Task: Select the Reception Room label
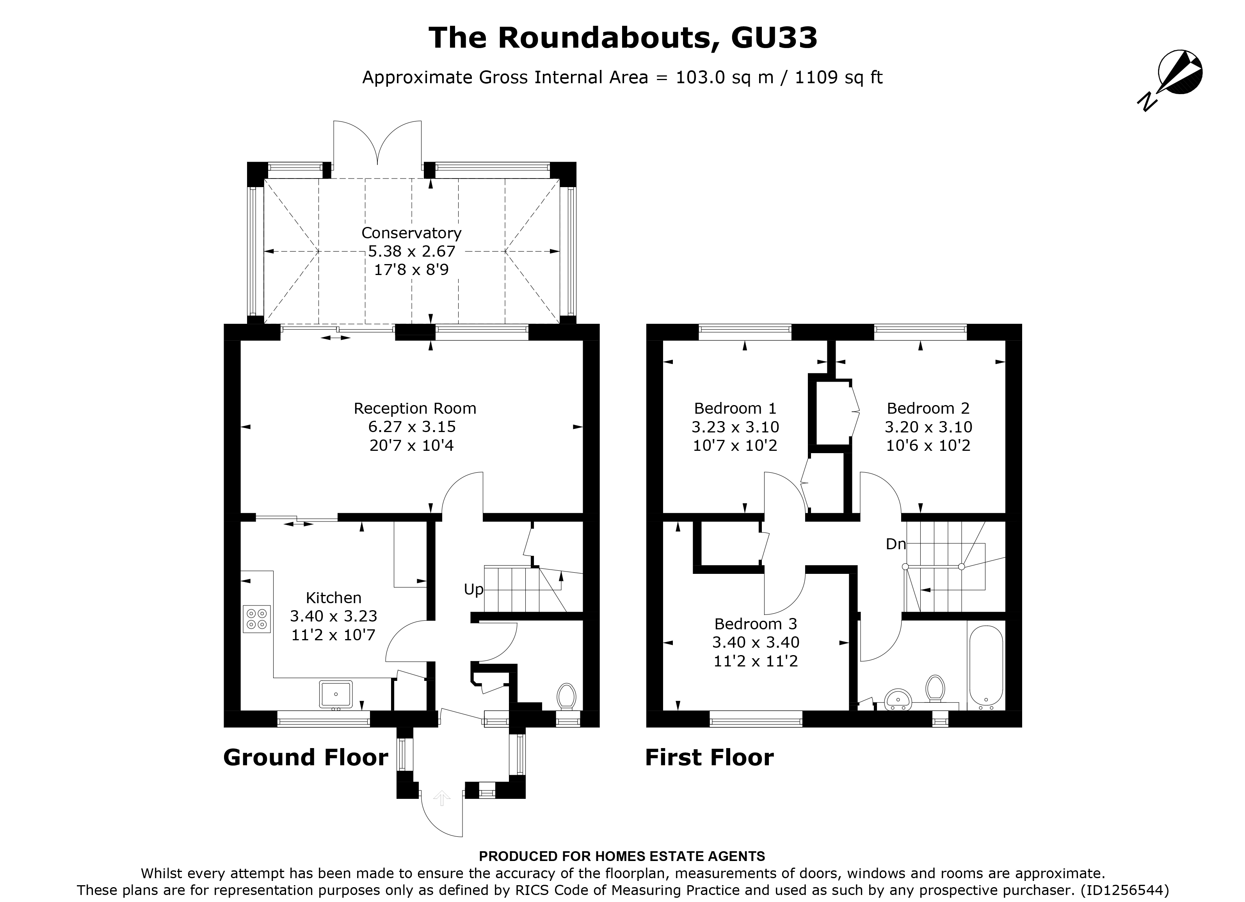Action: tap(414, 408)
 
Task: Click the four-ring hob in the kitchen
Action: tap(257, 619)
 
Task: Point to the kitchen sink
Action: tap(336, 694)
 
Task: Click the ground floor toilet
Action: tap(566, 697)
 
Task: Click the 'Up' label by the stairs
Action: tap(473, 589)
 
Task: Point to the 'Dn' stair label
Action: tap(895, 544)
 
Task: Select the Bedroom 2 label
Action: tap(928, 408)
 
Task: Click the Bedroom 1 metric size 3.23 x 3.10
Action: tap(735, 427)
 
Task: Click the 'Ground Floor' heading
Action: tap(305, 757)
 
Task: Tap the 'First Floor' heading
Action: tap(709, 757)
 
